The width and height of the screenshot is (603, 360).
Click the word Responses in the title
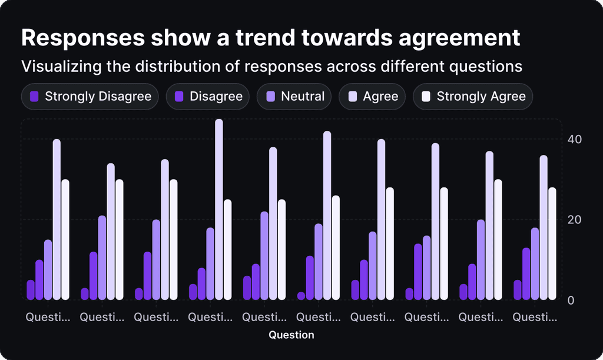click(82, 38)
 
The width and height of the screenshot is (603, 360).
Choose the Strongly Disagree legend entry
click(90, 97)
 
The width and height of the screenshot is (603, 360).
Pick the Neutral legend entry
click(294, 97)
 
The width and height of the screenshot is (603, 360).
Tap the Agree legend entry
click(372, 97)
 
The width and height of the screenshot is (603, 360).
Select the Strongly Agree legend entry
click(473, 97)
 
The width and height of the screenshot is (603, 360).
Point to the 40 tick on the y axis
click(574, 140)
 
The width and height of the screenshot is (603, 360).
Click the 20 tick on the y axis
click(574, 220)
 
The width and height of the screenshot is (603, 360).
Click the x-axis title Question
click(291, 335)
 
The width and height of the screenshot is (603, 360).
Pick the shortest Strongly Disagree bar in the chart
click(301, 296)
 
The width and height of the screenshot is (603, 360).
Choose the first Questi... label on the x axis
click(48, 317)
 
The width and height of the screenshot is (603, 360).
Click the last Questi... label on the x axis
click(535, 317)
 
